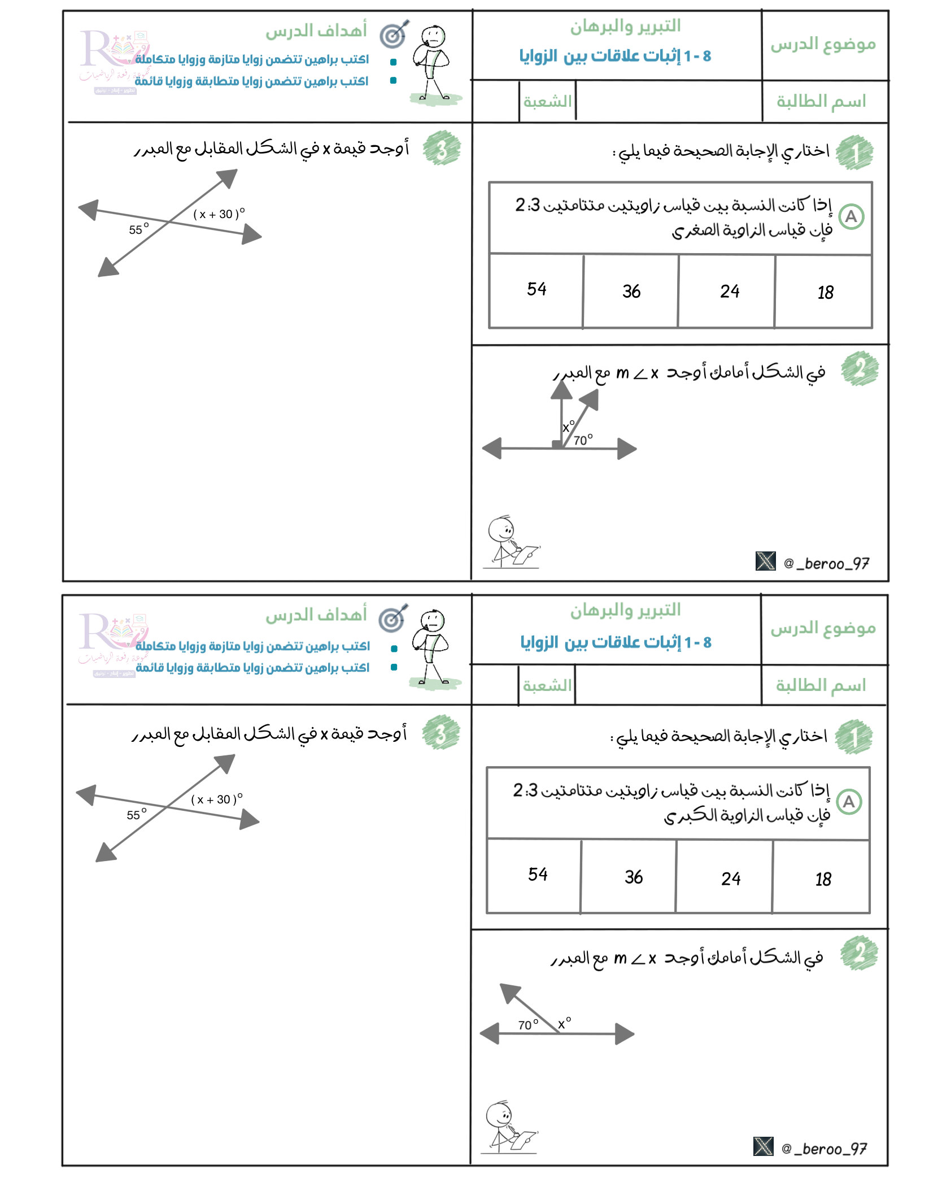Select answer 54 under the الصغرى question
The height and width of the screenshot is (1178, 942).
[537, 289]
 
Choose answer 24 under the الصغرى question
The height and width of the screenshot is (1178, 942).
[729, 292]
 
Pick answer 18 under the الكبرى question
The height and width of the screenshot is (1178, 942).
[823, 879]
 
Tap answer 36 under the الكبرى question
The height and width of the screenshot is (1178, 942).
[633, 877]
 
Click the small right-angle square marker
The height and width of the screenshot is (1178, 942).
[557, 444]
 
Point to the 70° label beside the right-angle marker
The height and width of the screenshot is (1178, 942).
[583, 440]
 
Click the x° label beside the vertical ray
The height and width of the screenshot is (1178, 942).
[568, 427]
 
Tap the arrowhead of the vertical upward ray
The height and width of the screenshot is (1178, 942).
[561, 390]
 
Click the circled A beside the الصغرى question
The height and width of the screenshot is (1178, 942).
[851, 217]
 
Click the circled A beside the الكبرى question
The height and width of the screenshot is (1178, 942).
[848, 802]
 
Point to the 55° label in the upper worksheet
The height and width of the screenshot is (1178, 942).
[138, 229]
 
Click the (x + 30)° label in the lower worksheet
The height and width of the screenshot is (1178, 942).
[216, 799]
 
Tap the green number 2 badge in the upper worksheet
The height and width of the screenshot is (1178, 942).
[859, 369]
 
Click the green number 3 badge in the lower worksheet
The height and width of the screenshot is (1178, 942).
[441, 732]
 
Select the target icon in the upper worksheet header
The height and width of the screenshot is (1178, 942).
[394, 35]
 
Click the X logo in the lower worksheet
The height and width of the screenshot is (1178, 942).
[763, 1146]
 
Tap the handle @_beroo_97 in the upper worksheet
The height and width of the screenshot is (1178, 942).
[826, 563]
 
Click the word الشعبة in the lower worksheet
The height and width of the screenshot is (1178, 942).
[547, 685]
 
